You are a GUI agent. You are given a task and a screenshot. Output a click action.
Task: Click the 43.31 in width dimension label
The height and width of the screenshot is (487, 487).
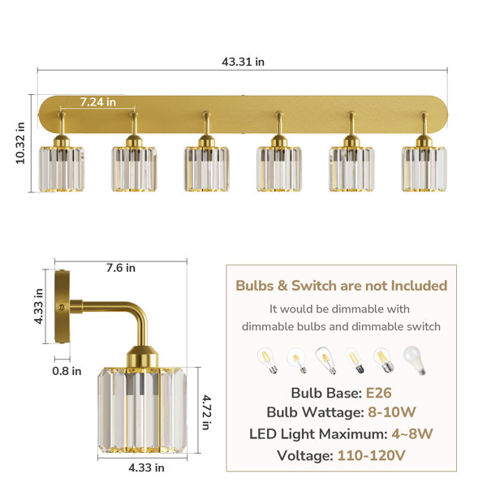coord(243,62)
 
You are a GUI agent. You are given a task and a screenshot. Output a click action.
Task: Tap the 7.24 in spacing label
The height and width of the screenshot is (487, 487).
coord(98,102)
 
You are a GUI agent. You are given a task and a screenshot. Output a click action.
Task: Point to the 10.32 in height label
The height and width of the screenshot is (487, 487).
coord(20,143)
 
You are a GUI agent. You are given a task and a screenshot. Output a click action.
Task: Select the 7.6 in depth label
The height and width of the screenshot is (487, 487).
coord(121,268)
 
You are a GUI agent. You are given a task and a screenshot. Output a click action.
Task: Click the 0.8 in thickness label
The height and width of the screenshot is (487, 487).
coord(67,371)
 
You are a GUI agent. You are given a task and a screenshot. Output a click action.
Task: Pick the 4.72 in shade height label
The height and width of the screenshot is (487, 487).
coord(206,412)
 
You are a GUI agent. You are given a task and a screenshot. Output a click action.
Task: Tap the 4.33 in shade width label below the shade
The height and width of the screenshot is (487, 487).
coord(147,468)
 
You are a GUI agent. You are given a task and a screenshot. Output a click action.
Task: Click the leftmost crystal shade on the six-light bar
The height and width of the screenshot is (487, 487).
coord(61,169)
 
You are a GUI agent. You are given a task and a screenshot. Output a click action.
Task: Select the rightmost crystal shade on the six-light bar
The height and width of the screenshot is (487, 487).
coord(425,169)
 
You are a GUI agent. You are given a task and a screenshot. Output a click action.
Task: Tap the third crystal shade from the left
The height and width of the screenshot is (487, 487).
coord(206,169)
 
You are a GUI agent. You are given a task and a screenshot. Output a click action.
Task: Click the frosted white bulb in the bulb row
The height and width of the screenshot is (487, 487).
coord(415,360)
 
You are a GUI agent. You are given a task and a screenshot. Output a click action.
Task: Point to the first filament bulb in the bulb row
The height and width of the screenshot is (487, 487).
coord(267,360)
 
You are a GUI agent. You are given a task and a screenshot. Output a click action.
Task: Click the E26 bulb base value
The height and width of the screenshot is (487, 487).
coord(378,393)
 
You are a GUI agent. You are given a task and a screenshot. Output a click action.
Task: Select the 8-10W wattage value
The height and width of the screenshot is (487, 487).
coord(392,412)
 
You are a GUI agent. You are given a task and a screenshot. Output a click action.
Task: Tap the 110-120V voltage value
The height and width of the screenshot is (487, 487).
coord(372,456)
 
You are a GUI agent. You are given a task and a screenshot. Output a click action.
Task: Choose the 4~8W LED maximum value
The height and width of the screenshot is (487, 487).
coord(412,434)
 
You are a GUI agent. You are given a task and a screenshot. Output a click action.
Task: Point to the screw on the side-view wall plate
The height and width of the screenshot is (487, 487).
coord(62,307)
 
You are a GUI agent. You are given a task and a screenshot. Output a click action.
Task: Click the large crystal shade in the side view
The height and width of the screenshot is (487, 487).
coord(143,410)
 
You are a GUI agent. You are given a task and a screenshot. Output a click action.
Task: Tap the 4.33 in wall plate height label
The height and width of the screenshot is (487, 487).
coord(39,306)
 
